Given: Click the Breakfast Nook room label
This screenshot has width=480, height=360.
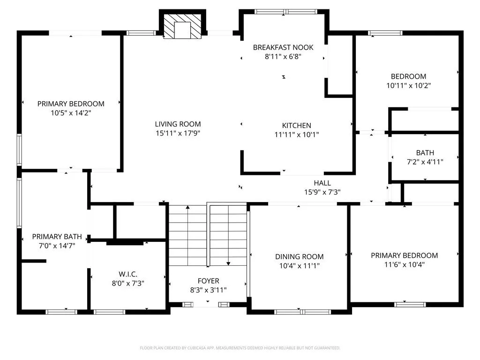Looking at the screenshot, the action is point(283,47).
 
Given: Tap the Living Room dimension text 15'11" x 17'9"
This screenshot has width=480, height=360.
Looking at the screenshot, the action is point(178,133).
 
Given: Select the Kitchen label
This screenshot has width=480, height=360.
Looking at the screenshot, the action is point(296,126).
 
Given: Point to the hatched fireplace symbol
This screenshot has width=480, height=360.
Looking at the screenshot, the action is point(182,26).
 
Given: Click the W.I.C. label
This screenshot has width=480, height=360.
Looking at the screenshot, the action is point(128,274).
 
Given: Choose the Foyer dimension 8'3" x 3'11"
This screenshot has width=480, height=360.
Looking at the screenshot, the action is point(208,290).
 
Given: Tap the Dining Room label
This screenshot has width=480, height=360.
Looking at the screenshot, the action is point(300,257).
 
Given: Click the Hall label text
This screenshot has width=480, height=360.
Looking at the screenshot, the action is point(322,183).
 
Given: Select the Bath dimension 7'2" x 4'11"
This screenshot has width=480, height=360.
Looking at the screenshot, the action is point(425,162).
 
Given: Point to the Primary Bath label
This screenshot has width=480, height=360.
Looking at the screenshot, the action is point(57,237).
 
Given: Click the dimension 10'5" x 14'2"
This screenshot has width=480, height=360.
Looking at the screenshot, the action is point(71,113).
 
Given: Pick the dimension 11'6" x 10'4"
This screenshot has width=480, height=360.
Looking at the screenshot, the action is point(404,264).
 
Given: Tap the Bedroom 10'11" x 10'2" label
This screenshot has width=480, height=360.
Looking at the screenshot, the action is point(408,76).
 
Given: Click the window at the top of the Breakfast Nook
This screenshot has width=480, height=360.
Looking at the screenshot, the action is point(285,12).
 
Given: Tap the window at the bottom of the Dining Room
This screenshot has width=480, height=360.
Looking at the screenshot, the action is point(302,312).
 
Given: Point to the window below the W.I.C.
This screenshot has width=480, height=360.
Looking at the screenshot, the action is point(109,312).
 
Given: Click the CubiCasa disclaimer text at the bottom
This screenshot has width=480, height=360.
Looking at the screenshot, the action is point(240,348).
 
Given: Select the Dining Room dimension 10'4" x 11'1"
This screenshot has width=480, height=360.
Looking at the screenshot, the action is point(300,266).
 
